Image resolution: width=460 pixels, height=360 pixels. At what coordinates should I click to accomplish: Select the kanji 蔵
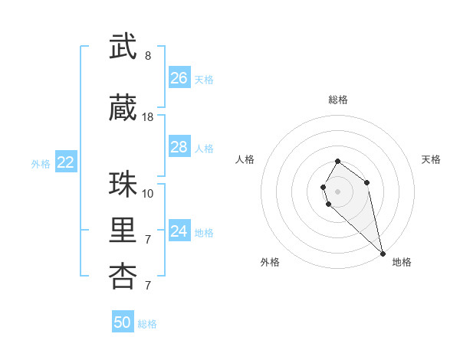click(x=123, y=109)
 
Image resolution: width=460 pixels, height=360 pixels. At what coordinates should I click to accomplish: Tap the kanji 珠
click(x=123, y=185)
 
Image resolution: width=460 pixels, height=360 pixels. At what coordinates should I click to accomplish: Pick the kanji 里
click(x=123, y=231)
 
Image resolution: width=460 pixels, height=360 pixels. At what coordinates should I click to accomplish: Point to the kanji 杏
click(x=123, y=277)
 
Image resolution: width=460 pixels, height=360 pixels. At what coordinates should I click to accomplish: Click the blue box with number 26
click(x=179, y=78)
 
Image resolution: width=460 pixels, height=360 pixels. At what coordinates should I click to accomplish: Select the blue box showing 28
click(x=179, y=147)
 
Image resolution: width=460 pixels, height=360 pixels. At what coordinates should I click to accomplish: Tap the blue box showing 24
click(x=179, y=231)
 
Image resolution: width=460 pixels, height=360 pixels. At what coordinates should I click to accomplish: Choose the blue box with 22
click(x=66, y=162)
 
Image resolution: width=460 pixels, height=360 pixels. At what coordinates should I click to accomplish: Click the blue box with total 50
click(x=123, y=322)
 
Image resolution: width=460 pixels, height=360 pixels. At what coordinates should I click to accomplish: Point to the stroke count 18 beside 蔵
click(x=148, y=117)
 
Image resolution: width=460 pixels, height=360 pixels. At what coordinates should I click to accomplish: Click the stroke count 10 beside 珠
click(x=148, y=193)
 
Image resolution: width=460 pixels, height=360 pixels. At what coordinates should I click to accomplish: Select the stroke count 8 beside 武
click(x=148, y=56)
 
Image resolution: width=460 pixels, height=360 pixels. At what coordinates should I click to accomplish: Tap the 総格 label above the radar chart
click(x=338, y=100)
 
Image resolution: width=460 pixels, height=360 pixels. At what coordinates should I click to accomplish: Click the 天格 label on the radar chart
click(x=432, y=159)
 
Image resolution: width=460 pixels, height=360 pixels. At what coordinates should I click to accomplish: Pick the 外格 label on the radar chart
click(x=270, y=262)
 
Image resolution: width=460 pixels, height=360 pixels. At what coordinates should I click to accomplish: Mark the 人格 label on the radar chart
click(x=245, y=159)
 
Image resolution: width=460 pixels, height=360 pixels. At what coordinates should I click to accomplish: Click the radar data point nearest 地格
click(x=383, y=254)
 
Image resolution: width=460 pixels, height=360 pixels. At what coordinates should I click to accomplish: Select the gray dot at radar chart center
click(x=338, y=191)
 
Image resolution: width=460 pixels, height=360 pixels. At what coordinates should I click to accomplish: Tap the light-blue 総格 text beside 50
click(x=147, y=324)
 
